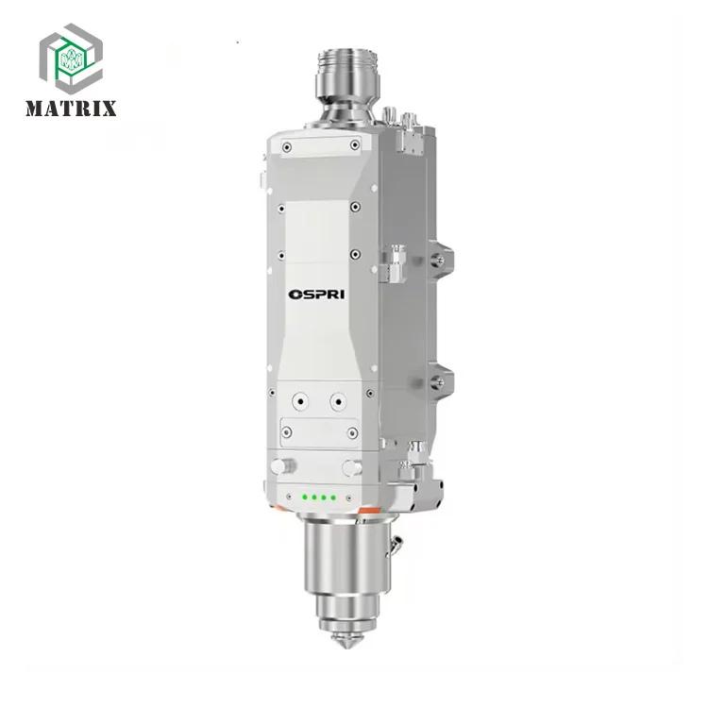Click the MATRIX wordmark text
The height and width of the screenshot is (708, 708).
click(71, 109)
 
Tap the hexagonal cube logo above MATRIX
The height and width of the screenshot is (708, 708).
click(72, 59)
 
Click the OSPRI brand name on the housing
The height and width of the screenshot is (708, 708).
click(316, 295)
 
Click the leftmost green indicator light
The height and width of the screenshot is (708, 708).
click(305, 497)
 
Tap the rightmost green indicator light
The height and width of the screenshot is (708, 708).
click(333, 497)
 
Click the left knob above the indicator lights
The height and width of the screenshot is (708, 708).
click(282, 466)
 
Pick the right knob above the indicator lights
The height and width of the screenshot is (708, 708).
click(352, 468)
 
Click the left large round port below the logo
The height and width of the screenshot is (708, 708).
click(300, 401)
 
